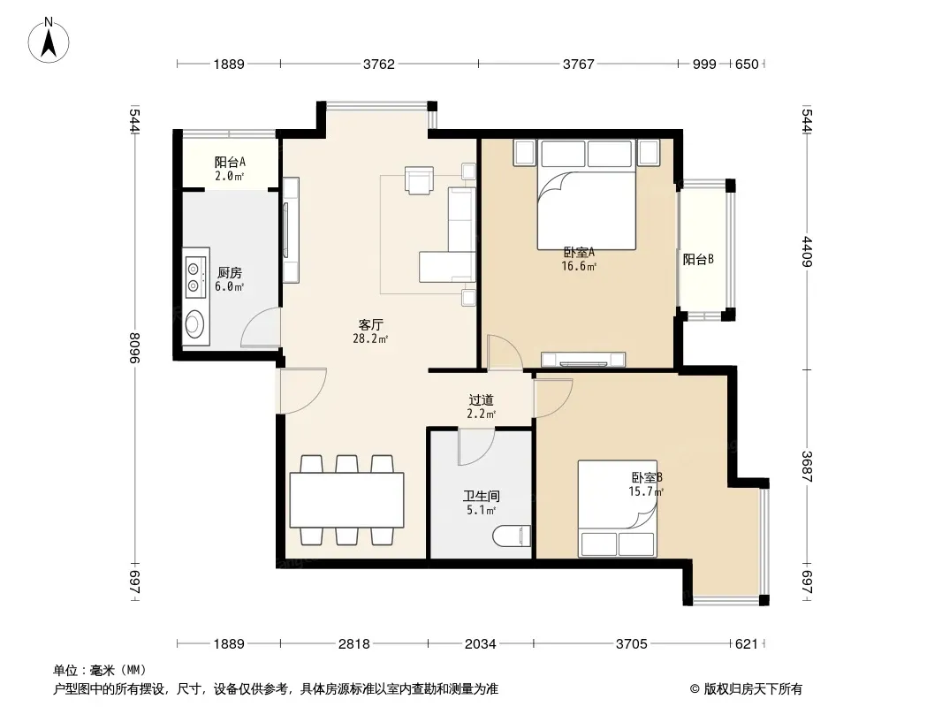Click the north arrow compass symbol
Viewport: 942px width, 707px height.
(49, 41)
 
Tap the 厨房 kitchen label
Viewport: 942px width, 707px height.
(230, 273)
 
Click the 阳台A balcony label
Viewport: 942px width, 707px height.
(230, 163)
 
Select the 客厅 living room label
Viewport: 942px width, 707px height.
(370, 325)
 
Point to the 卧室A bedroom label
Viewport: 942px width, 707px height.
(579, 253)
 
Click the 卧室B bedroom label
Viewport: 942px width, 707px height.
(647, 477)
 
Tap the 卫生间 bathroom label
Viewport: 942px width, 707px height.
(482, 496)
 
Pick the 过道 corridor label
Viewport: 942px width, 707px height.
(482, 400)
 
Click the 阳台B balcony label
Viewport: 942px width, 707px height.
(698, 260)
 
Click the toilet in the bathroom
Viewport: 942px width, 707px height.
(512, 536)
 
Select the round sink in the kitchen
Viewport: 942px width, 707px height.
(194, 324)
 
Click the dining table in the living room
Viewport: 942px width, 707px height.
(346, 500)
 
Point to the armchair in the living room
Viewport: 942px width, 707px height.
(420, 179)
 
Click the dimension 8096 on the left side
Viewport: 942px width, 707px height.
(134, 348)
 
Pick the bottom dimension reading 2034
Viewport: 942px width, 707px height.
(481, 644)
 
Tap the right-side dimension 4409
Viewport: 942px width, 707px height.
(807, 252)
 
